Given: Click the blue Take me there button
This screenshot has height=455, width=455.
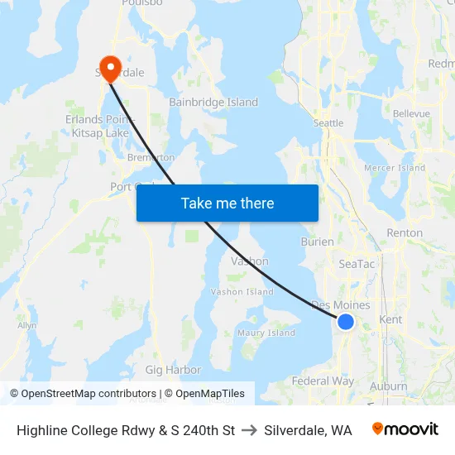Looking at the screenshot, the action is pyautogui.click(x=227, y=203).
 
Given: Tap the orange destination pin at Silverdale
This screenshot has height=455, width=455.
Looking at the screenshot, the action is pyautogui.click(x=109, y=65).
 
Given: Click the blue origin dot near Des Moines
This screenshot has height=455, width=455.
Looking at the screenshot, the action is pyautogui.click(x=346, y=322).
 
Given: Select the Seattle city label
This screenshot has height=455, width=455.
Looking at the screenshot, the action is pyautogui.click(x=328, y=123).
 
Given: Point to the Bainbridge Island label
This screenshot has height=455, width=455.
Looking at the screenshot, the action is pyautogui.click(x=213, y=103).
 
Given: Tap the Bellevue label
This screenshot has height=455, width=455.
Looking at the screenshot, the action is pyautogui.click(x=411, y=113).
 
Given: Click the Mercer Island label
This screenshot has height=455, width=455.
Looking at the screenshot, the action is pyautogui.click(x=395, y=168).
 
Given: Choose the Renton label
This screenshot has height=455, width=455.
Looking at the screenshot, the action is pyautogui.click(x=405, y=233).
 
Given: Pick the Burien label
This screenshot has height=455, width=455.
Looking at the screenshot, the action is pyautogui.click(x=317, y=242).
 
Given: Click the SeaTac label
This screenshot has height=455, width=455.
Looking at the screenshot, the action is pyautogui.click(x=357, y=264).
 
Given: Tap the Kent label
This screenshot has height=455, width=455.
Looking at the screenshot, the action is pyautogui.click(x=390, y=319).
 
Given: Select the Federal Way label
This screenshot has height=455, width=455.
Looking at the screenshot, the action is pyautogui.click(x=323, y=381).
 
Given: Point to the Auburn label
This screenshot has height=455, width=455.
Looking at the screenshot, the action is pyautogui.click(x=389, y=386).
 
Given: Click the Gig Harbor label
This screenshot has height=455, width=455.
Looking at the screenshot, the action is pyautogui.click(x=173, y=370).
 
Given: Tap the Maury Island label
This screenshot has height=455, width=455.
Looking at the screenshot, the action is pyautogui.click(x=266, y=333).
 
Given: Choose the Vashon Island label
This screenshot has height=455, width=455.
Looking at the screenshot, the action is pyautogui.click(x=242, y=292).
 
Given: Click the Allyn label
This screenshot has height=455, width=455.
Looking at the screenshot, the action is pyautogui.click(x=27, y=326).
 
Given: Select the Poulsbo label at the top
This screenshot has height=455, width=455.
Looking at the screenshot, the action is pyautogui.click(x=142, y=3).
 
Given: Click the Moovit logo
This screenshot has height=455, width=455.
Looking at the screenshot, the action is pyautogui.click(x=405, y=429).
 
